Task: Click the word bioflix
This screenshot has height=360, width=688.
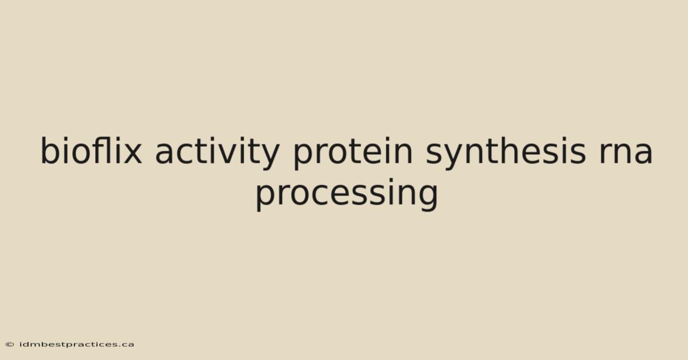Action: [91, 150]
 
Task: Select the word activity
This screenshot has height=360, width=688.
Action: [217, 153]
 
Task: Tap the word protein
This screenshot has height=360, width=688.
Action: [353, 153]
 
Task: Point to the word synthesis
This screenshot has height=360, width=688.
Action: [506, 153]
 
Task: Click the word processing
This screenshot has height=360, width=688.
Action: [347, 194]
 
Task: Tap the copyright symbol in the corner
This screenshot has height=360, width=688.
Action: [10, 345]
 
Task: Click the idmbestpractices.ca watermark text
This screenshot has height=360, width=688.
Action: [76, 345]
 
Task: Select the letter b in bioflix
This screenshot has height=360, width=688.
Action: [50, 150]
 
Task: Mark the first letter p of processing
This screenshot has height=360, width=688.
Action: [265, 198]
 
